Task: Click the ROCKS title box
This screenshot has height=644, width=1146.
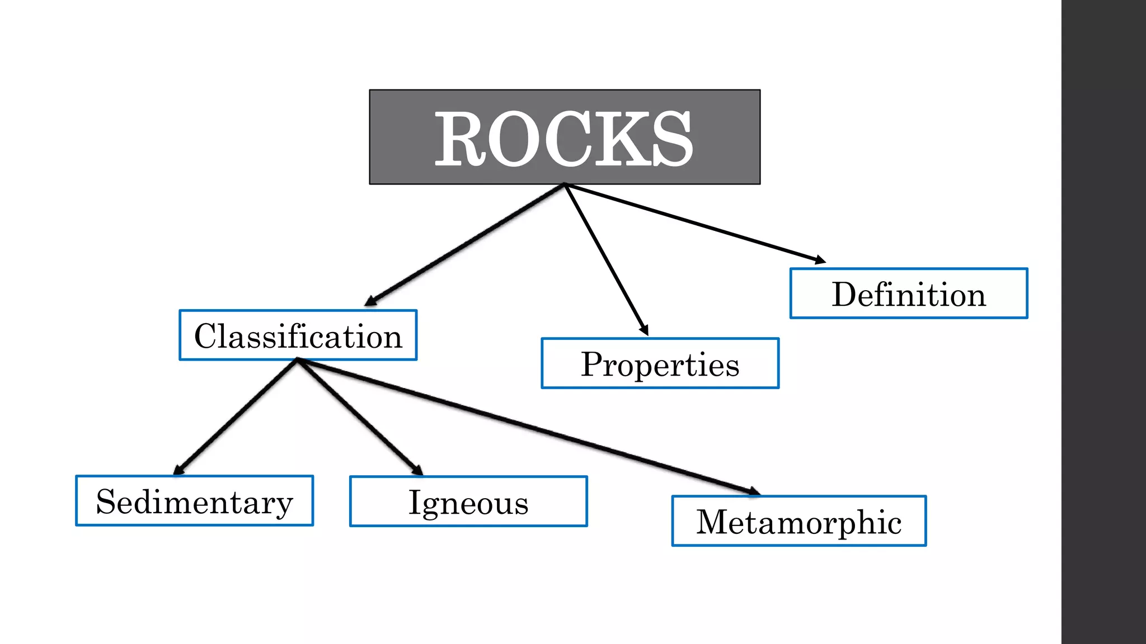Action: (x=565, y=137)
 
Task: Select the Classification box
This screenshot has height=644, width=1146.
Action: (x=298, y=335)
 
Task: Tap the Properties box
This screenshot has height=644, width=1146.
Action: (x=660, y=363)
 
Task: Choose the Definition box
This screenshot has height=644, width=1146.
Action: (x=908, y=293)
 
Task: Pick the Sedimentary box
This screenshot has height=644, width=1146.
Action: (x=194, y=501)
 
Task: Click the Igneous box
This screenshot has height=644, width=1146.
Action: (x=468, y=501)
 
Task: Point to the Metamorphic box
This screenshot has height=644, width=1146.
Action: (x=799, y=521)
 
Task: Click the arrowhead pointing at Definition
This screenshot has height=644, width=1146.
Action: (x=820, y=260)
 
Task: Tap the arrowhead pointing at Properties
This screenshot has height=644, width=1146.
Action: (x=644, y=330)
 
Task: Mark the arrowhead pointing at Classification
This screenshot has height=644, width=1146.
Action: (x=370, y=301)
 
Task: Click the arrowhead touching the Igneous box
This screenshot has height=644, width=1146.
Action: (x=417, y=470)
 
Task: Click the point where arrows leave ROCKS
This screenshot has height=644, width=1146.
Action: (x=565, y=184)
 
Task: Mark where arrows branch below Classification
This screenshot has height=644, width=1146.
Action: (x=298, y=361)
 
